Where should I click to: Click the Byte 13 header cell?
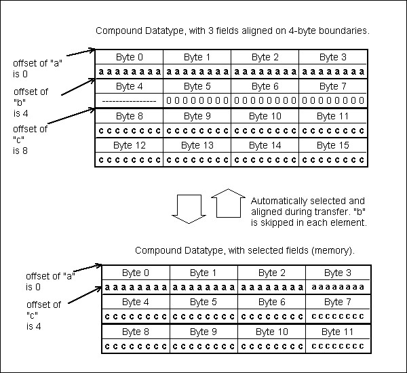[x=197, y=146]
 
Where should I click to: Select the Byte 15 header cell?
[x=333, y=146]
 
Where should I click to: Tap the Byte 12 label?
[x=130, y=146]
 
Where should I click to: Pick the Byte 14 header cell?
[x=265, y=146]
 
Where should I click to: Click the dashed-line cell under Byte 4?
[x=129, y=100]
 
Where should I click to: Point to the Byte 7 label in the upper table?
[x=333, y=87]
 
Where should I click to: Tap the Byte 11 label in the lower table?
[x=338, y=332]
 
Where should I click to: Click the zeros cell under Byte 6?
[x=265, y=100]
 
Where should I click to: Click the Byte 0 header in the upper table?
[x=130, y=57]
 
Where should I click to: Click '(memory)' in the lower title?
[x=330, y=250]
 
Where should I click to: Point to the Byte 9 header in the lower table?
[x=203, y=332]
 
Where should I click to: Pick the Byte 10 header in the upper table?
[x=265, y=117]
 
